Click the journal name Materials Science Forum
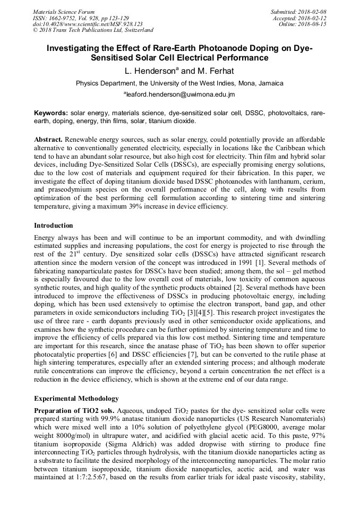pos(64,12)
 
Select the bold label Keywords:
pos(51,113)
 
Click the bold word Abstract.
pos(48,139)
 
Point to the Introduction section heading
pos(54,226)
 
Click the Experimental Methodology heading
pos(76,398)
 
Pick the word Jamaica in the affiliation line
pos(271,83)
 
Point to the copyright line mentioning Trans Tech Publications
pos(93,31)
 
